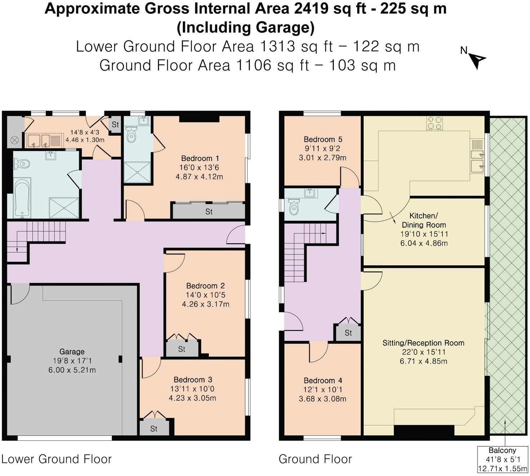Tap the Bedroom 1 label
200,158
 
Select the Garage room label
72,352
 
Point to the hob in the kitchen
434,123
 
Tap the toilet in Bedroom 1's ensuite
131,134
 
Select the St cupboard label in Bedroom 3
154,429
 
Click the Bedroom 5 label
323,139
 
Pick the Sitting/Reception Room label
423,343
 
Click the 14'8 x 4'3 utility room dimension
85,132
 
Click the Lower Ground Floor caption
57,459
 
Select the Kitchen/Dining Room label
423,220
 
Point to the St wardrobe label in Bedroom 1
209,212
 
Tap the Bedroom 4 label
323,380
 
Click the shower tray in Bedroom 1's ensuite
137,172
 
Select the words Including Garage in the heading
246,28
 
